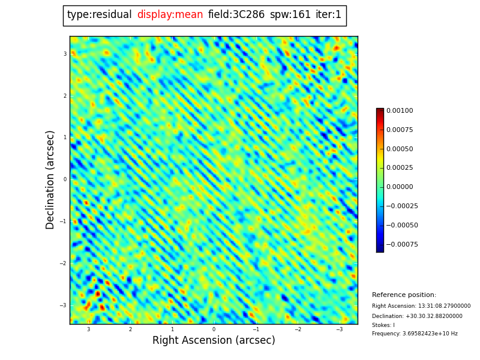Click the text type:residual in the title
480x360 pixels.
pyautogui.click(x=99, y=15)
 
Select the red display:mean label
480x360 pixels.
pyautogui.click(x=170, y=15)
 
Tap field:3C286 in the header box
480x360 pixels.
pyautogui.click(x=236, y=15)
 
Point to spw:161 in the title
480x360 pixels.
pyautogui.click(x=290, y=15)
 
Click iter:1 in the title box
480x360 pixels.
pyautogui.click(x=328, y=15)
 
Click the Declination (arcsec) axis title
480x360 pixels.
pyautogui.click(x=50, y=179)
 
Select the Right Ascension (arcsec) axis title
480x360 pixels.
pyautogui.click(x=214, y=341)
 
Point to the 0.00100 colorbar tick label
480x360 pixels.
pyautogui.click(x=400, y=111)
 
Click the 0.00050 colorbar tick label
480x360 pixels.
pyautogui.click(x=400, y=149)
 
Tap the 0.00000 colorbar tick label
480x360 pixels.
pyautogui.click(x=400, y=187)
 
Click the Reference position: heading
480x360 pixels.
pyautogui.click(x=404, y=295)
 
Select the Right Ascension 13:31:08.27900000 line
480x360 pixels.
pyautogui.click(x=421, y=306)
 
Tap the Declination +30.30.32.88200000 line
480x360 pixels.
pyautogui.click(x=417, y=316)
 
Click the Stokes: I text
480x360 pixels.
pyautogui.click(x=383, y=325)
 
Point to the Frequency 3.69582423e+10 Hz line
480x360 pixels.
pyautogui.click(x=415, y=334)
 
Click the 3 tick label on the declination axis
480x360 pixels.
pyautogui.click(x=65, y=54)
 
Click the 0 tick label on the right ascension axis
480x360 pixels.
pyautogui.click(x=214, y=329)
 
